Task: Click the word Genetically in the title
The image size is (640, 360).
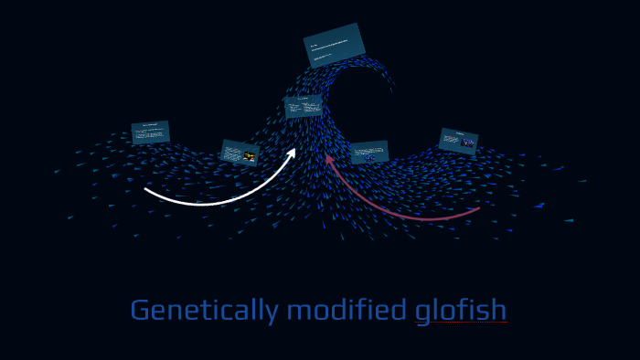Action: click(x=203, y=311)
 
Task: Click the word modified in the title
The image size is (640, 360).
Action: click(x=347, y=311)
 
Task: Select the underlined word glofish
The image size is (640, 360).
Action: click(x=461, y=311)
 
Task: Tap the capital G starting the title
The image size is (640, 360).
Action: click(x=140, y=311)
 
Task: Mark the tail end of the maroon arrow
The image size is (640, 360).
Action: click(x=477, y=209)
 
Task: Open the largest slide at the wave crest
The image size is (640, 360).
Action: click(x=334, y=46)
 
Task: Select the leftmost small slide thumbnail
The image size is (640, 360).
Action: click(x=150, y=132)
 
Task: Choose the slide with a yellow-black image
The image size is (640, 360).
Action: click(x=240, y=153)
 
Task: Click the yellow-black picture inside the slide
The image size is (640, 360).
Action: click(x=249, y=156)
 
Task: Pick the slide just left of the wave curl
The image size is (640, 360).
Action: click(x=303, y=107)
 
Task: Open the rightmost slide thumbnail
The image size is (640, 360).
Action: click(x=458, y=141)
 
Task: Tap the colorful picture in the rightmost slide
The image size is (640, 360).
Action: click(x=468, y=143)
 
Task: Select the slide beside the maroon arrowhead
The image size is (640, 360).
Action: click(x=369, y=153)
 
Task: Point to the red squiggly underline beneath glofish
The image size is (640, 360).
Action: click(x=461, y=324)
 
